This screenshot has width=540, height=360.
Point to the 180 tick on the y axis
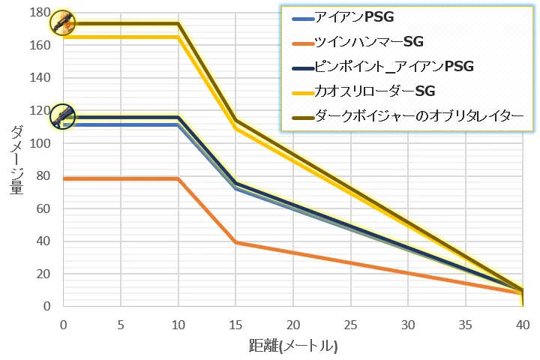41,13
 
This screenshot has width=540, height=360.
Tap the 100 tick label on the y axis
41,143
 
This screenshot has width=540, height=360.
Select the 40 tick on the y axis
44,241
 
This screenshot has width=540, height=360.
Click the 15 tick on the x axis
235,324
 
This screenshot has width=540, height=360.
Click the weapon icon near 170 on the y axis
62,22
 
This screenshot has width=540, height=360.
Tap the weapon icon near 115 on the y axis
62,115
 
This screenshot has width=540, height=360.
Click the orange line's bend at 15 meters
235,242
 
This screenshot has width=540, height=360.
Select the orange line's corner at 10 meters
178,178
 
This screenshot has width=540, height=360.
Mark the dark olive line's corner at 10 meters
178,23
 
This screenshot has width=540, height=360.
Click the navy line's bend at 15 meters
235,183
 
